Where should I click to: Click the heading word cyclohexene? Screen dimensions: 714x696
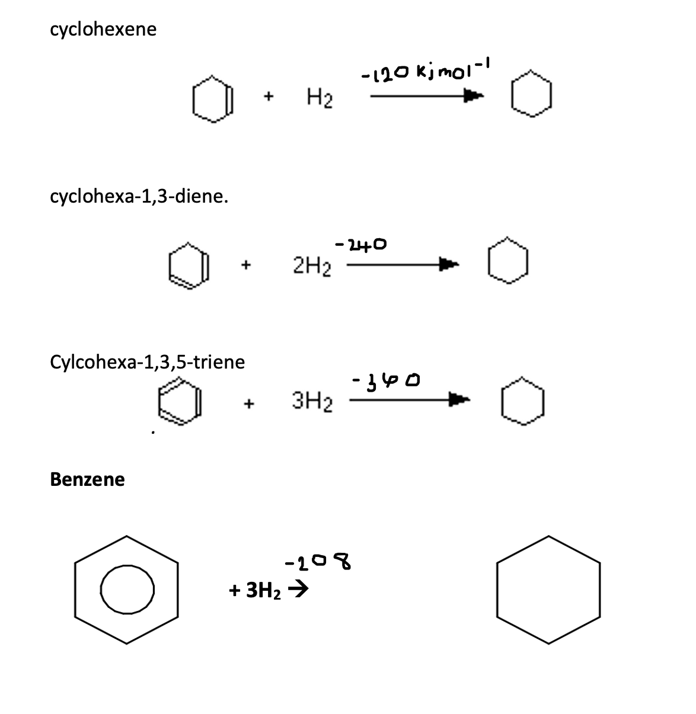tap(104, 30)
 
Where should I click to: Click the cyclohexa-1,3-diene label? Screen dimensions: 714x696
tap(139, 196)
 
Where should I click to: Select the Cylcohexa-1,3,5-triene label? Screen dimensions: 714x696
tap(148, 361)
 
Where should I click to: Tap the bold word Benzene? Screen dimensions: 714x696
tap(88, 479)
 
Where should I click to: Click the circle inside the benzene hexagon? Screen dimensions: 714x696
tap(127, 590)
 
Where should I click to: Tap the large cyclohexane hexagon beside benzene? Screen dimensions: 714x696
tap(548, 589)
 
